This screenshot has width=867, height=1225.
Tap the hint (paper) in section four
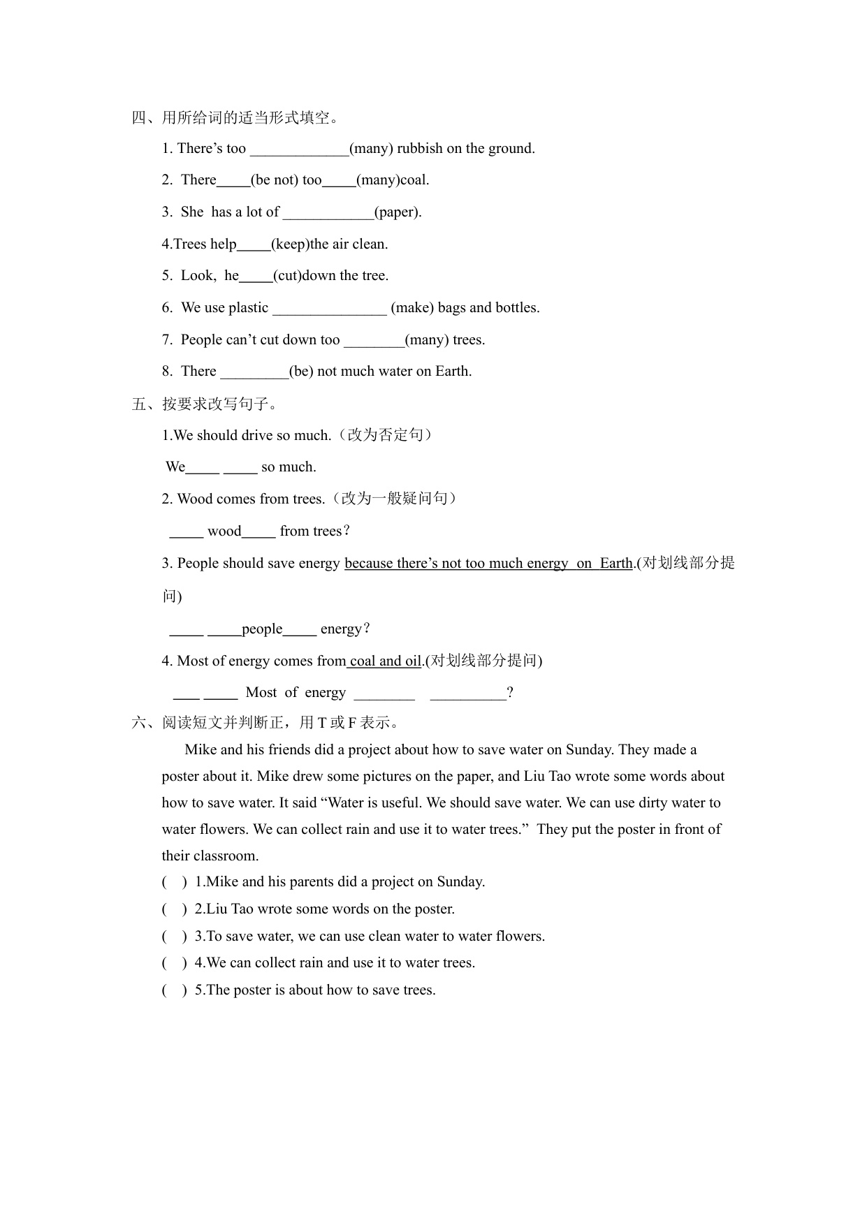(x=398, y=212)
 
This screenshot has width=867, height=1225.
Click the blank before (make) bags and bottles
(x=329, y=308)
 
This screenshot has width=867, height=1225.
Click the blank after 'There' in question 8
(x=254, y=372)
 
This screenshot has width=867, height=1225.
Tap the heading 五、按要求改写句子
(x=205, y=404)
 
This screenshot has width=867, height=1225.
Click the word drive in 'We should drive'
(x=256, y=435)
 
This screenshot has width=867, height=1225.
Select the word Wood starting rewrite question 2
(x=194, y=499)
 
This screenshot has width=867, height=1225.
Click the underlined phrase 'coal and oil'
(x=385, y=661)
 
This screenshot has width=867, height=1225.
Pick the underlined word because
(x=368, y=563)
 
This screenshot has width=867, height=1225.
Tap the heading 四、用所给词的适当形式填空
(x=236, y=117)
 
